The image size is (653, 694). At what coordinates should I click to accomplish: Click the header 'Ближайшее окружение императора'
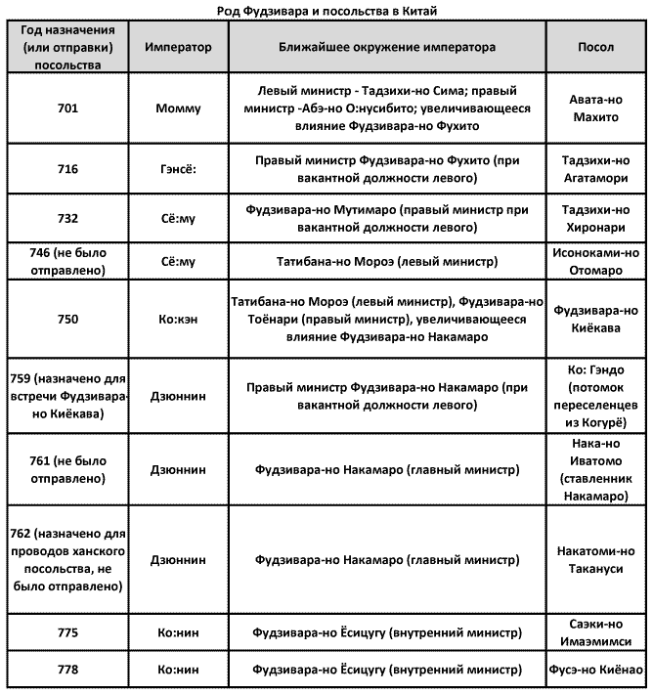point(387,48)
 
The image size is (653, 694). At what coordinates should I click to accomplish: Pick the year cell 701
point(68,108)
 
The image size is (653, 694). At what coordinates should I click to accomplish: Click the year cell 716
point(68,168)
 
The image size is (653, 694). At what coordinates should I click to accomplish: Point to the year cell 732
point(68,218)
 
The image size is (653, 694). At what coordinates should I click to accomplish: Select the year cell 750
point(68,319)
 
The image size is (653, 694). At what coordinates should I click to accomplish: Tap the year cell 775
point(68,633)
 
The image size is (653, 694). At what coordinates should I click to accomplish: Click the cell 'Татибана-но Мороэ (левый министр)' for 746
point(387,262)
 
